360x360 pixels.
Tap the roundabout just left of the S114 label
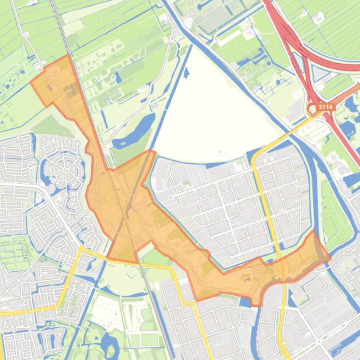(312, 109)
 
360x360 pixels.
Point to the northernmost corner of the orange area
(69, 55)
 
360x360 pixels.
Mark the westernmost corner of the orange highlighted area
(31, 83)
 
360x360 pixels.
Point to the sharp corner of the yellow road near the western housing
(82, 247)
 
